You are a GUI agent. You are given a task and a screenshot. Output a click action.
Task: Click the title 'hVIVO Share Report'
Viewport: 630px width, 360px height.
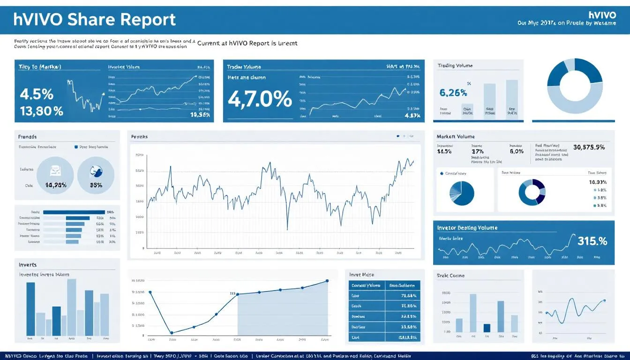(x=95, y=20)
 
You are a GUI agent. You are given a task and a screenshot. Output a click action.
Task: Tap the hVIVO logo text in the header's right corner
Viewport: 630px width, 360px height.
(x=601, y=15)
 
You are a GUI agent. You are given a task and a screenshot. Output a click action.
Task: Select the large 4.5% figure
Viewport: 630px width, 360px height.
(x=37, y=94)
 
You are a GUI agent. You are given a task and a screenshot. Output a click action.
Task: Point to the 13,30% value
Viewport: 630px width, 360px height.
(x=41, y=111)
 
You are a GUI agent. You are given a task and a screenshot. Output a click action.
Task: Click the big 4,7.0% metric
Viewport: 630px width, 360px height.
(x=260, y=99)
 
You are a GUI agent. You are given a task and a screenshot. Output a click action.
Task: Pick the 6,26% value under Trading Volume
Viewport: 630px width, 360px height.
(x=453, y=93)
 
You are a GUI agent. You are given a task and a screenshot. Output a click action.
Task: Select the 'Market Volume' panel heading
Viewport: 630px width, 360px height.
(x=455, y=136)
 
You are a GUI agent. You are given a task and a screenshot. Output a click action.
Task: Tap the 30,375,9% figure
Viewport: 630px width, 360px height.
(x=589, y=147)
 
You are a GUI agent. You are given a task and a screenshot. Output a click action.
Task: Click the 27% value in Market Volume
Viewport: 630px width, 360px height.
(x=477, y=151)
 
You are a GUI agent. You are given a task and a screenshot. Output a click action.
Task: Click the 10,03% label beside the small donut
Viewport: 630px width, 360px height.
(x=597, y=182)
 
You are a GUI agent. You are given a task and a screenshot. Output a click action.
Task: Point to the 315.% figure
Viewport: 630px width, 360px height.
(x=592, y=241)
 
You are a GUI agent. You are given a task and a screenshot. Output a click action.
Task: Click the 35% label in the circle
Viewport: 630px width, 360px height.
(x=96, y=185)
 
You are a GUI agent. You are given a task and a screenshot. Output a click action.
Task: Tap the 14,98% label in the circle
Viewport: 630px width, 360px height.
(x=56, y=185)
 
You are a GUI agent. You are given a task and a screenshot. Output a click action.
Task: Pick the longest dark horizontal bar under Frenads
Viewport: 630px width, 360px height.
(x=74, y=212)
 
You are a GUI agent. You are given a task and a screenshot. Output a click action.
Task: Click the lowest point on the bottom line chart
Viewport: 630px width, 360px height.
(x=171, y=333)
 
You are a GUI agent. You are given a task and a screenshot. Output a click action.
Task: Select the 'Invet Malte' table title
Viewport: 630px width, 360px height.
(x=362, y=274)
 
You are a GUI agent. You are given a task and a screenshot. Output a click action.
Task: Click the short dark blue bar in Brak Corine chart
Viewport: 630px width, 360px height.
(x=487, y=328)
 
